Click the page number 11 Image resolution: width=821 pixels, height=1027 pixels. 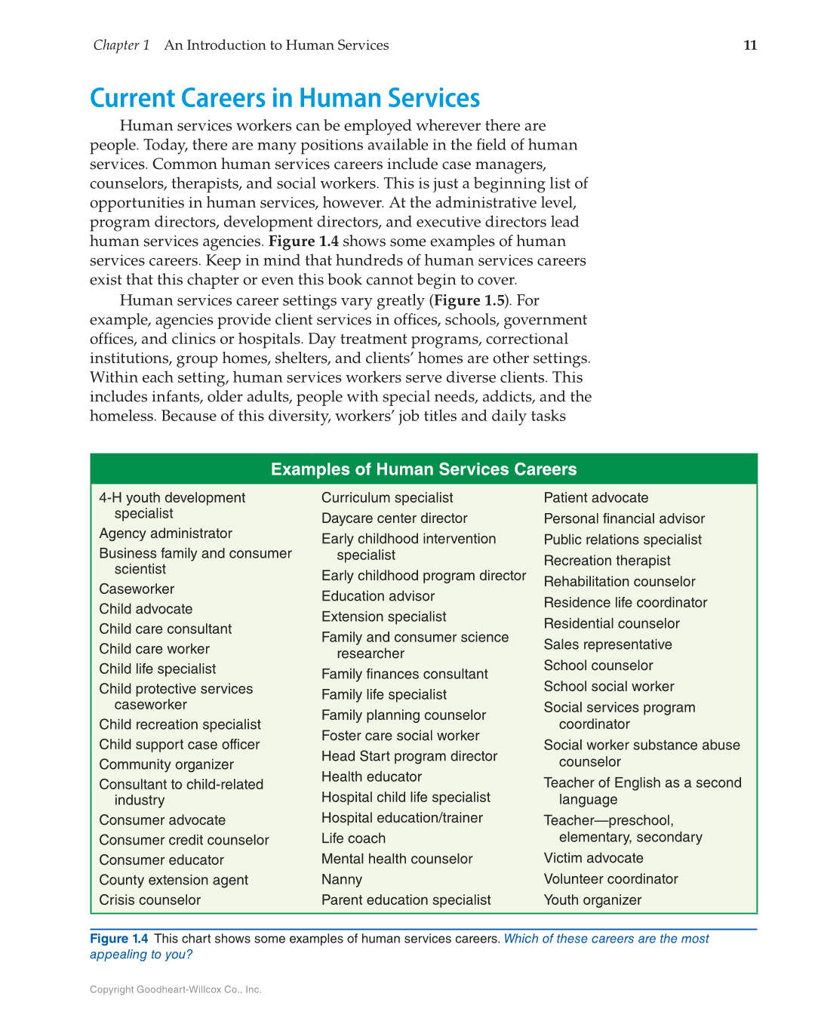click(749, 45)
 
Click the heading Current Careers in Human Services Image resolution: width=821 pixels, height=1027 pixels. click(284, 98)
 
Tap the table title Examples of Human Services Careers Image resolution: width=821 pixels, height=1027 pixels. click(423, 469)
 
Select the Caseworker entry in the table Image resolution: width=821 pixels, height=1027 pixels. click(137, 589)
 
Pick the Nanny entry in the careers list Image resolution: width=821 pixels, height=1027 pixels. click(342, 880)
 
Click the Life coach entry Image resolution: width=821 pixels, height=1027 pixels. click(353, 838)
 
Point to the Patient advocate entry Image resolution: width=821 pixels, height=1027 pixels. click(595, 498)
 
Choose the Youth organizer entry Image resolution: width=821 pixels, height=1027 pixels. click(592, 900)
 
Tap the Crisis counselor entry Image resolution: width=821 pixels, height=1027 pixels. click(149, 900)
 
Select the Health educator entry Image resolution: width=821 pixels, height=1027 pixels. click(371, 777)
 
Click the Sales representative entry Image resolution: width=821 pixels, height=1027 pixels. click(607, 644)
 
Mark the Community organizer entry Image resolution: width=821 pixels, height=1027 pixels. click(166, 765)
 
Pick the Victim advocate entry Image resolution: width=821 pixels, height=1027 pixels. click(593, 858)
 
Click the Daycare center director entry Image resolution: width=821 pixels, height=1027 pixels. click(394, 518)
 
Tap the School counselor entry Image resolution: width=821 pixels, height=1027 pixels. click(598, 666)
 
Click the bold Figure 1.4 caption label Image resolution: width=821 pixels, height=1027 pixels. click(119, 939)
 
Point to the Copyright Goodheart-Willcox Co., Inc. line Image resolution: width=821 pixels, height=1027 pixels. click(175, 989)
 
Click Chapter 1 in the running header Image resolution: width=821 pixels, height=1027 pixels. click(121, 45)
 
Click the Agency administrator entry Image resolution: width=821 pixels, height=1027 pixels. click(165, 533)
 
